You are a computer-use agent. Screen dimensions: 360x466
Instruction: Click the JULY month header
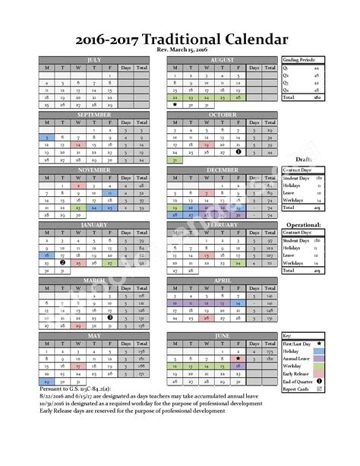coord(94,59)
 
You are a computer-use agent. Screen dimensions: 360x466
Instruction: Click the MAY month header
coord(94,334)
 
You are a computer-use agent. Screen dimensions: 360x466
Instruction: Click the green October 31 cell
coord(175,160)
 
